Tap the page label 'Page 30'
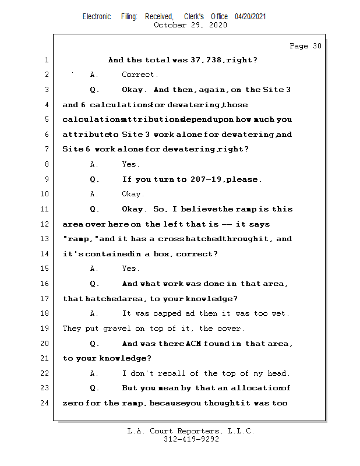pos(305,46)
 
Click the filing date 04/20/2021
pos(250,16)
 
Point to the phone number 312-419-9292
pos(191,439)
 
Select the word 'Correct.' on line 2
pos(140,75)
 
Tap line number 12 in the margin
pos(46,224)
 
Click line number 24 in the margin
pos(46,403)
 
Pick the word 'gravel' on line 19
pos(117,329)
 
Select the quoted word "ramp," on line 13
pos(80,239)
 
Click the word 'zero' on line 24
pos(73,403)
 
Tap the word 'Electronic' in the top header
pos(97,16)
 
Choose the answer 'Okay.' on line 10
pos(133,194)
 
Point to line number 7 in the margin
pos(46,150)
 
